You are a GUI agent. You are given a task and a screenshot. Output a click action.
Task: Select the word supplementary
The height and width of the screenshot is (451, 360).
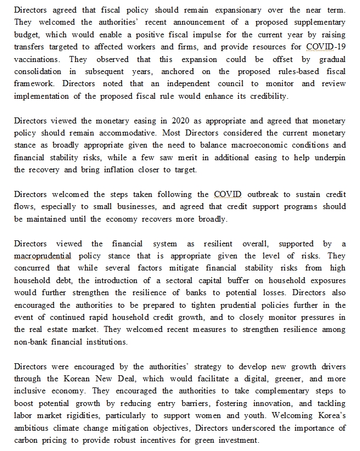[x=318, y=22]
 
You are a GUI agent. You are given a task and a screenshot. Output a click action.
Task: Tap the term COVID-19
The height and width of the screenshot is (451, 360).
[x=326, y=47]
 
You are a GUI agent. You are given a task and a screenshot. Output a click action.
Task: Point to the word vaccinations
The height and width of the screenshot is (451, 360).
[x=36, y=59]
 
